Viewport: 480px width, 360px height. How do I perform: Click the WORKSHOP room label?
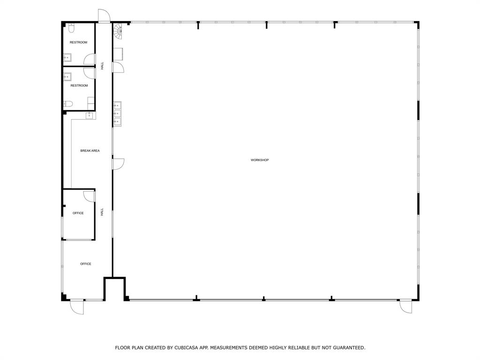pyautogui.click(x=259, y=160)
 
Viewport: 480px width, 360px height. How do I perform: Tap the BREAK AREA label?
pyautogui.click(x=90, y=151)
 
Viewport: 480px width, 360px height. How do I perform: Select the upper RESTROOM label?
pyautogui.click(x=78, y=43)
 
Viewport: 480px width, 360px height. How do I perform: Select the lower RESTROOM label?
pyautogui.click(x=79, y=86)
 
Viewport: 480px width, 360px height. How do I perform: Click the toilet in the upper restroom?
pyautogui.click(x=71, y=29)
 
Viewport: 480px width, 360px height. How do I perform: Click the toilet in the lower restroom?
pyautogui.click(x=68, y=104)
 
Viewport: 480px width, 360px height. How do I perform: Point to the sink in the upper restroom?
pyautogui.click(x=67, y=58)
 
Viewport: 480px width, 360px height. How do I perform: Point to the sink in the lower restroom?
pyautogui.click(x=67, y=77)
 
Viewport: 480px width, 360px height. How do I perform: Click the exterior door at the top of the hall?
pyautogui.click(x=104, y=16)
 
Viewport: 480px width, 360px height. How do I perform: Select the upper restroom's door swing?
pyautogui.click(x=89, y=59)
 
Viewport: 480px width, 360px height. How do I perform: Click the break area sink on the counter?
pyautogui.click(x=89, y=115)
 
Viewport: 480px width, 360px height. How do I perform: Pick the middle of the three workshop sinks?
pyautogui.click(x=117, y=113)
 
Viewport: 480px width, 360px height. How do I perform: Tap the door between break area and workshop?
pyautogui.click(x=118, y=164)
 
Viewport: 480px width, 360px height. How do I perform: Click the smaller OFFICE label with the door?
pyautogui.click(x=78, y=213)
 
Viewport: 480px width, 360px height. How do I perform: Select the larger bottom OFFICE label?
pyautogui.click(x=86, y=264)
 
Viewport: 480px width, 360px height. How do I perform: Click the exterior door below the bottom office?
pyautogui.click(x=77, y=307)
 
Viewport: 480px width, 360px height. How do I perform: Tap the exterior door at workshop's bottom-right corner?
pyautogui.click(x=405, y=307)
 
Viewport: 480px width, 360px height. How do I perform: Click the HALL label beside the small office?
pyautogui.click(x=102, y=212)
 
